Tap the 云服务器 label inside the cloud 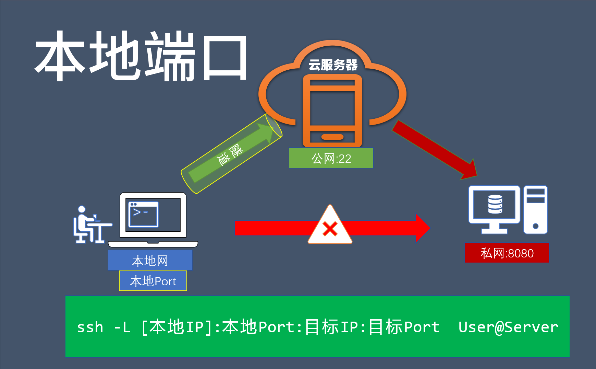[x=333, y=65]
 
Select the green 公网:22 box [x=331, y=158]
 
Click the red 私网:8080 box [x=507, y=253]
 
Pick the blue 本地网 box [x=150, y=261]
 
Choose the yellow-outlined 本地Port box [x=153, y=281]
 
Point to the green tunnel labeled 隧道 [x=231, y=153]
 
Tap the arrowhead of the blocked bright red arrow [x=422, y=228]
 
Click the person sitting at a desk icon [x=90, y=225]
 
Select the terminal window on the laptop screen [x=143, y=215]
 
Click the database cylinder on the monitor [x=495, y=204]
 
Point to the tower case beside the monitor [x=535, y=210]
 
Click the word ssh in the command [x=90, y=327]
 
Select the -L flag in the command [x=122, y=327]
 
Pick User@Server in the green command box [x=508, y=327]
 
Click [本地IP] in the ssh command [x=177, y=327]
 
